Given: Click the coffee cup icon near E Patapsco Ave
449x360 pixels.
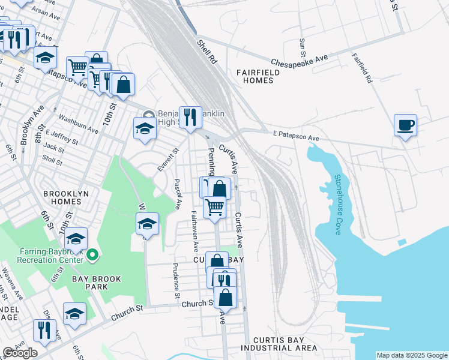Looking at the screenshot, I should click(x=406, y=125).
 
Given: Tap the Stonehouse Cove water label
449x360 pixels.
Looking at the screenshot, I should click(x=338, y=204).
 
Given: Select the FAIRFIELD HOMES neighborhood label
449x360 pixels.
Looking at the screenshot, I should click(x=258, y=76).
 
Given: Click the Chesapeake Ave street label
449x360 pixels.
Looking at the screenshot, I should click(x=299, y=61).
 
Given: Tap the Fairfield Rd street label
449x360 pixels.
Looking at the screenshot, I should click(x=362, y=68).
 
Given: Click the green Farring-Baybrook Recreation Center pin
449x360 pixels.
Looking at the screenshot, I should click(x=92, y=256).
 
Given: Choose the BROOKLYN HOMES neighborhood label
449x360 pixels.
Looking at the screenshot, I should click(x=66, y=198).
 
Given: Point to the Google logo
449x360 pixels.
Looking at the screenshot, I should click(x=20, y=353).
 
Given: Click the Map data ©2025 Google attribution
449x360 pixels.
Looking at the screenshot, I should click(x=412, y=355).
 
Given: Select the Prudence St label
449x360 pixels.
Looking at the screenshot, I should click(x=176, y=281).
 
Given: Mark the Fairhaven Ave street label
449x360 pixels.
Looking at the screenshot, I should click(x=194, y=231).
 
